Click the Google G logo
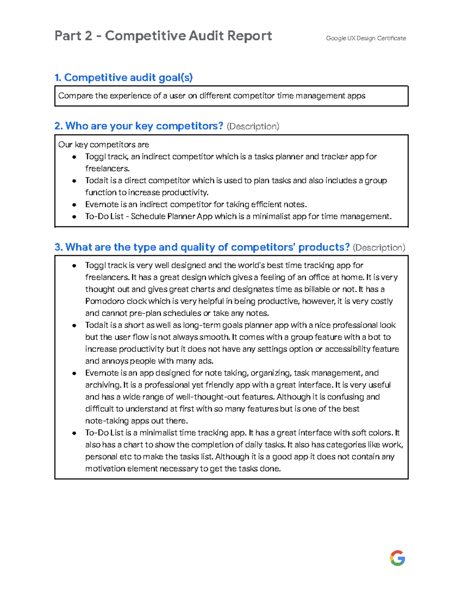click(397, 558)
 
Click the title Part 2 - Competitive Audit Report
click(163, 36)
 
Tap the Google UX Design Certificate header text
click(366, 38)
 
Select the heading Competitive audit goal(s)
click(124, 78)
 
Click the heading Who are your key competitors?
click(139, 126)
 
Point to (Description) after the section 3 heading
click(379, 247)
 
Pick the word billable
click(317, 289)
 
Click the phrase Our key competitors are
click(104, 145)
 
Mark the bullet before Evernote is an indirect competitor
click(74, 204)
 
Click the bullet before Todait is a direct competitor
click(74, 181)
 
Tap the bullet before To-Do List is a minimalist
click(74, 433)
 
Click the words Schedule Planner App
click(172, 216)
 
